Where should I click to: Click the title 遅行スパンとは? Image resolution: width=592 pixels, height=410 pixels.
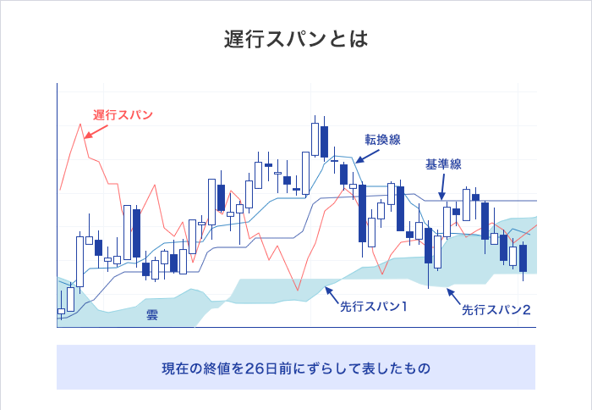(295, 40)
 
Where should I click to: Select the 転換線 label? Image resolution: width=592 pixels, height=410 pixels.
(382, 138)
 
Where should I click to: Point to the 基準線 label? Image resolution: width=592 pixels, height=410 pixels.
(443, 164)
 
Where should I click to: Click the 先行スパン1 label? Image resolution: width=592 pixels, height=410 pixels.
(373, 305)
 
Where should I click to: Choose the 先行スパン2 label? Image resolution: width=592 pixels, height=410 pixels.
(496, 310)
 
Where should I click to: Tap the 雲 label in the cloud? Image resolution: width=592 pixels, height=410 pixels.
(152, 314)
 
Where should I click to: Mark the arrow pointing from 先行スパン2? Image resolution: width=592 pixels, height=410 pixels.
(453, 296)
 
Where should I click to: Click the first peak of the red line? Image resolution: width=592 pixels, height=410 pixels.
(81, 125)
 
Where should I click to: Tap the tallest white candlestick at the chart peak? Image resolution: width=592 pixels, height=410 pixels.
(315, 138)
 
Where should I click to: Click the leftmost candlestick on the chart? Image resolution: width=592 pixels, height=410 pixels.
(61, 312)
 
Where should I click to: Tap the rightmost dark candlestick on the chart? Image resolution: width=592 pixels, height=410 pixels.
(523, 258)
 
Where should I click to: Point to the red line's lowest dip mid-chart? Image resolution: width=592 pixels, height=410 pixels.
(297, 290)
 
